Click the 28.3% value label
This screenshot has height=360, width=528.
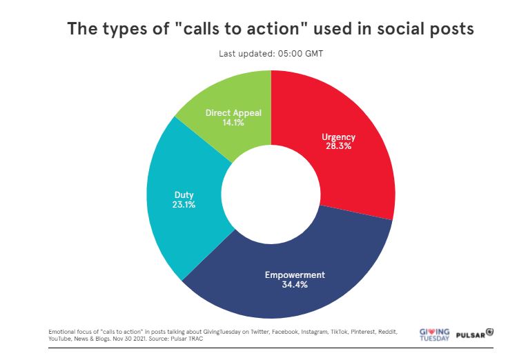(x=338, y=146)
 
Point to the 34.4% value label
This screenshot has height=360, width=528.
(x=295, y=285)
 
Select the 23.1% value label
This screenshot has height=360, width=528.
(x=184, y=205)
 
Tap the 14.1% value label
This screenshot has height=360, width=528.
(x=233, y=123)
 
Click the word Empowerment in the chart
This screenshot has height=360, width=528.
(x=295, y=275)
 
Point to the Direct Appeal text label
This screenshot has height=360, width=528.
(x=233, y=113)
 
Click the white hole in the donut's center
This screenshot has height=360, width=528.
(x=271, y=194)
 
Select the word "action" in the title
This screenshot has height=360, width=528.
(x=273, y=28)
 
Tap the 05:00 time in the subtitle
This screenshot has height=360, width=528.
(x=291, y=54)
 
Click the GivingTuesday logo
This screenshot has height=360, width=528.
(x=434, y=334)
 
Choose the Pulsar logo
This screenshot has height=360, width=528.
(x=475, y=334)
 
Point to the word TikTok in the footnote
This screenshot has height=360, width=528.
(x=339, y=332)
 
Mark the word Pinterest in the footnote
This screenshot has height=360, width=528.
(x=363, y=332)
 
